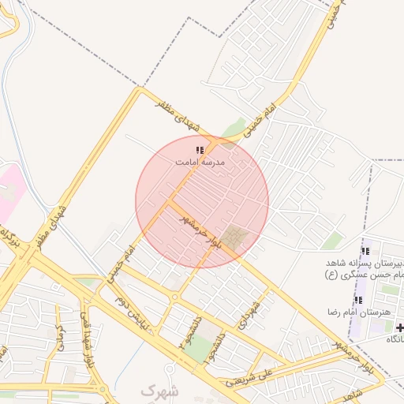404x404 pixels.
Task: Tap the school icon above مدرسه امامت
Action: (x=200, y=149)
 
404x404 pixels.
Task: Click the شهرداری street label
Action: (x=252, y=316)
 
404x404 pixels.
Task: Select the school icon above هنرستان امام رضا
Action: (x=358, y=300)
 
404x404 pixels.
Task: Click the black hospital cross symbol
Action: (x=399, y=327)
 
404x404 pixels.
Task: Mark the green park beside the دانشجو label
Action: (x=204, y=346)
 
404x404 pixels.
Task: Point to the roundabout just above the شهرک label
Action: (x=169, y=368)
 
